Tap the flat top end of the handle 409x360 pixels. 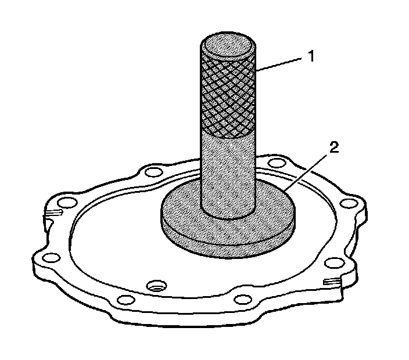click(x=228, y=45)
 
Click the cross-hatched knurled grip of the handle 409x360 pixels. click(x=228, y=93)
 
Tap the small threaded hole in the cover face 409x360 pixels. click(x=156, y=286)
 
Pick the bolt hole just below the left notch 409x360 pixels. click(x=48, y=257)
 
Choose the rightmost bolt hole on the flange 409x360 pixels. click(x=347, y=203)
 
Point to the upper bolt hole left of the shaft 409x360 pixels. click(x=153, y=172)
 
